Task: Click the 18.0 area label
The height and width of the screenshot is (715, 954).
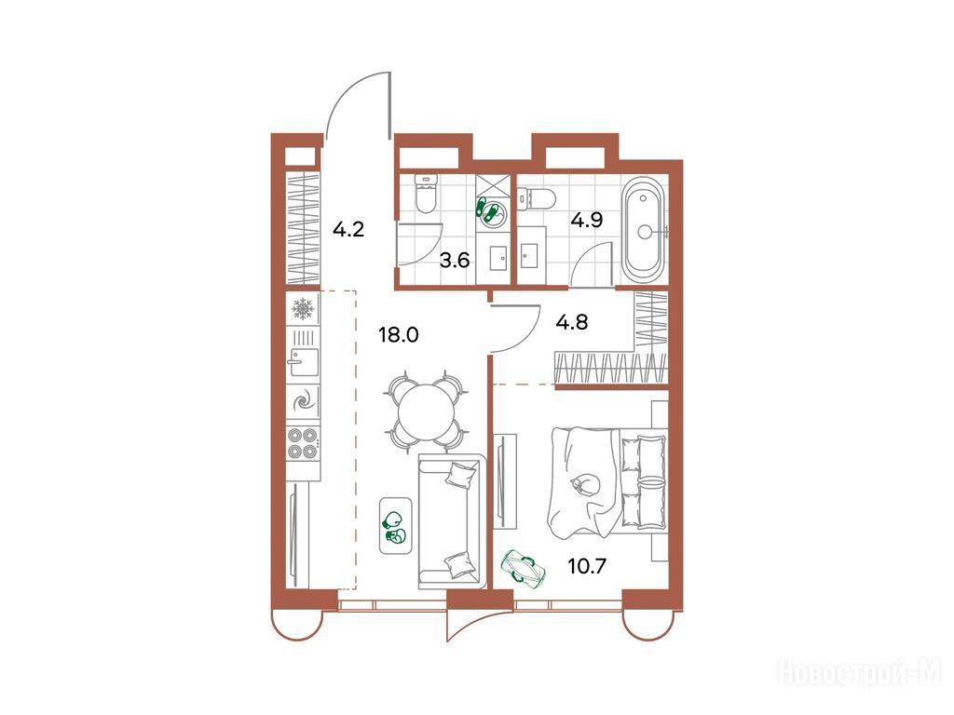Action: point(399,334)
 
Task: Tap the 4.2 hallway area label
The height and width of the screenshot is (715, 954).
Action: point(348,229)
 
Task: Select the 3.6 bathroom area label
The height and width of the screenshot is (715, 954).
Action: point(455,261)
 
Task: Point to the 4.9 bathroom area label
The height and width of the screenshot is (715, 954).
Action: point(587,220)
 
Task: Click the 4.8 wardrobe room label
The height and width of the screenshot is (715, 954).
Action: point(572,321)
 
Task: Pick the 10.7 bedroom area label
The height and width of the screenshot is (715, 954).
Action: point(587,567)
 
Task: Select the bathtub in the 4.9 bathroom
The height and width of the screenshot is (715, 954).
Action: point(643,232)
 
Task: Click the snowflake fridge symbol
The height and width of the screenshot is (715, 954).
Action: point(303,309)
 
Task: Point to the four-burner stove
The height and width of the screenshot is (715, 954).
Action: point(303,443)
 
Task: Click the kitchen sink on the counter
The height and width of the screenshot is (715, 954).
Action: point(303,362)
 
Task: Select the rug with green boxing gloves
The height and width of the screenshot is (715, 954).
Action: point(395,526)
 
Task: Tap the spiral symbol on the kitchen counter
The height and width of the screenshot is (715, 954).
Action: point(303,401)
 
